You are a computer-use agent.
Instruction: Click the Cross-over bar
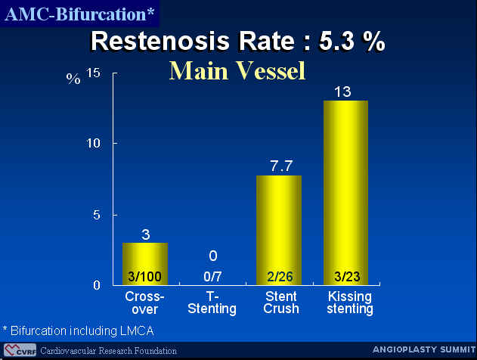click(145, 264)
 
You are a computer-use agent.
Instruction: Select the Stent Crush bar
click(279, 231)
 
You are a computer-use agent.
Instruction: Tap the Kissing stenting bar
click(346, 193)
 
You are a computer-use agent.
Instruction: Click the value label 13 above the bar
click(342, 92)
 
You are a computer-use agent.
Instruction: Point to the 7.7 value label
click(281, 166)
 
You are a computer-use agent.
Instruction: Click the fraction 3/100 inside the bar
click(144, 277)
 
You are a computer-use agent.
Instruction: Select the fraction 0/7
click(212, 277)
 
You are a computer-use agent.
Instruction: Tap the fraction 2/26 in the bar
click(280, 277)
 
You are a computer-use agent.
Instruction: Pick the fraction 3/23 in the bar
click(347, 277)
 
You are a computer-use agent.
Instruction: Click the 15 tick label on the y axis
click(93, 73)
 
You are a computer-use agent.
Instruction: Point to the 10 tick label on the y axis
click(93, 143)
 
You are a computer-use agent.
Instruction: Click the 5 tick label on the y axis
click(97, 215)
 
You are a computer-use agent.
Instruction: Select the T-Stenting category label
click(212, 303)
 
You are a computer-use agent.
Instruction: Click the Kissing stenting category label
click(350, 303)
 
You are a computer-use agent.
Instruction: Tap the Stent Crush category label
click(281, 303)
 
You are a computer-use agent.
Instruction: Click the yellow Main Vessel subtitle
click(237, 71)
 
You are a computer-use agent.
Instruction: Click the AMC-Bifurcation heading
click(79, 14)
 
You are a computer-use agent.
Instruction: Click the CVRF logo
click(20, 350)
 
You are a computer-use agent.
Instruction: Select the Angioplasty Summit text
click(424, 349)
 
